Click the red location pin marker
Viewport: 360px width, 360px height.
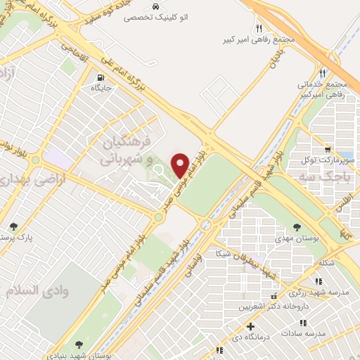(181, 165)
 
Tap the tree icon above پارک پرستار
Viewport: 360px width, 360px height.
(13, 226)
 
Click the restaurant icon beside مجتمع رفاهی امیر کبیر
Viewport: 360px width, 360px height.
(259, 28)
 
